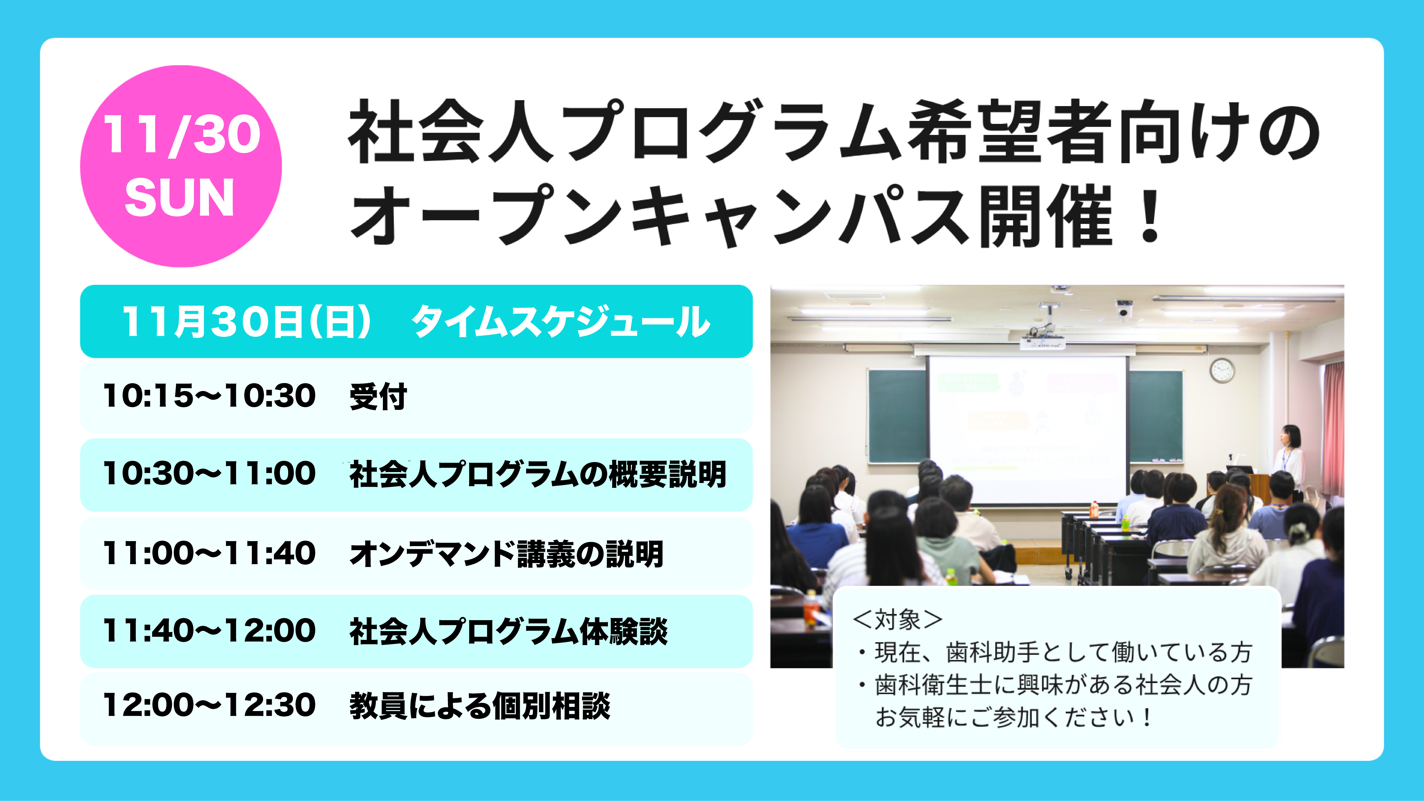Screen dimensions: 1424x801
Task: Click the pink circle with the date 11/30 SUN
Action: pyautogui.click(x=181, y=166)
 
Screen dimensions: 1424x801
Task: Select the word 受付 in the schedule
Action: pyautogui.click(x=378, y=396)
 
